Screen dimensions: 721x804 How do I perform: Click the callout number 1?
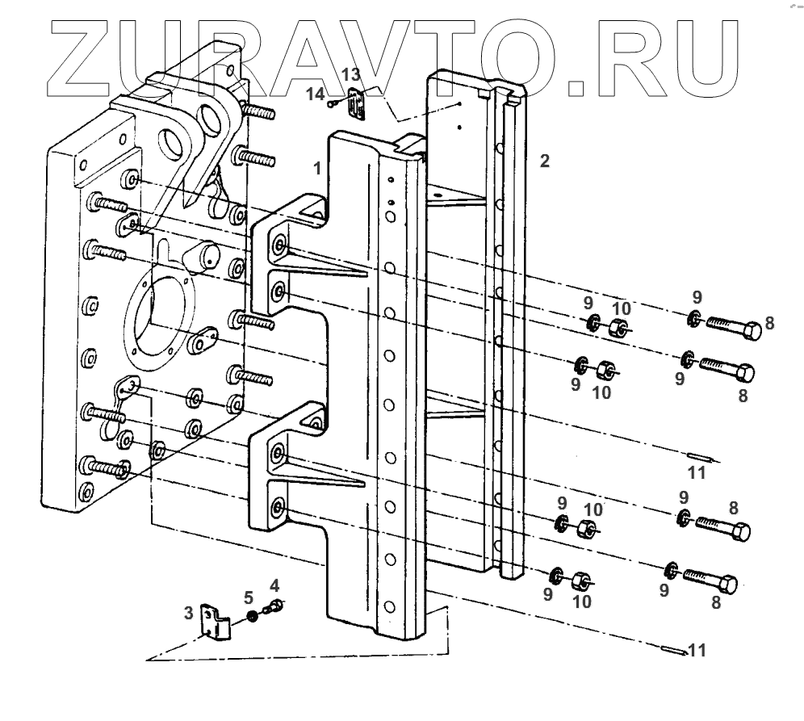318,168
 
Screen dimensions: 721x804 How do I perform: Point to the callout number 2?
545,161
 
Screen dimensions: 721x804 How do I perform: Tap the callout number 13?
350,74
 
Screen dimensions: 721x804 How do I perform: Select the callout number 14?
316,94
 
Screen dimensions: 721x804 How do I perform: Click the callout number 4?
274,584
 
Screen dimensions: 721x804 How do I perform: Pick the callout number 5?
249,598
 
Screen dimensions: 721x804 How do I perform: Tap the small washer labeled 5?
252,617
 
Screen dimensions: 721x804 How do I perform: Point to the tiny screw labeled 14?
333,103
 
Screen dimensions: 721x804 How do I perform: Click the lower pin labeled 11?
673,648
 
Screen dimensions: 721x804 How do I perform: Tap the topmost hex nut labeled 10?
620,327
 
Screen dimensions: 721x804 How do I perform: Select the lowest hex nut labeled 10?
581,580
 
